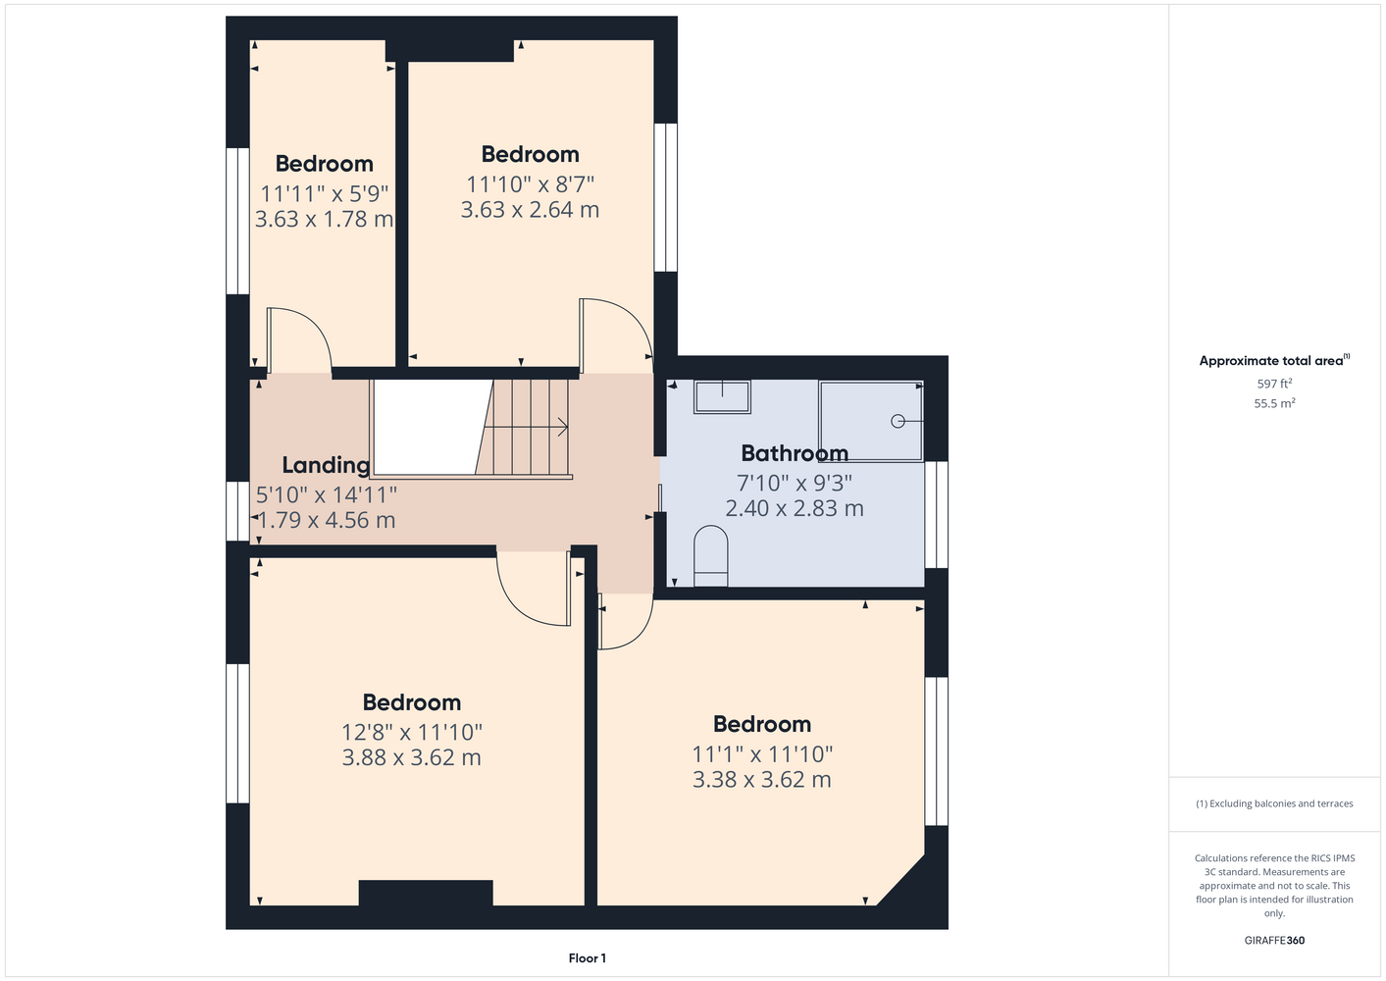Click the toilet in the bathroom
pyautogui.click(x=711, y=556)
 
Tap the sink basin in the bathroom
pyautogui.click(x=722, y=396)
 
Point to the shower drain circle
pyautogui.click(x=898, y=422)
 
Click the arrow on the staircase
pyautogui.click(x=526, y=427)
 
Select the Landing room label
pyautogui.click(x=326, y=465)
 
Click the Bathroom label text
pyautogui.click(x=795, y=453)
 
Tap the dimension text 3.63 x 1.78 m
pyautogui.click(x=325, y=219)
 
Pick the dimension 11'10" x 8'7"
pyautogui.click(x=531, y=184)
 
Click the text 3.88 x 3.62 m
pyautogui.click(x=411, y=757)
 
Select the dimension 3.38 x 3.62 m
pyautogui.click(x=762, y=779)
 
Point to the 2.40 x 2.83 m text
pyautogui.click(x=795, y=508)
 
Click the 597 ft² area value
pyautogui.click(x=1274, y=384)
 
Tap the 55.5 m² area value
pyautogui.click(x=1274, y=403)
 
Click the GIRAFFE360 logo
pyautogui.click(x=1274, y=940)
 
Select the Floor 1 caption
pyautogui.click(x=588, y=958)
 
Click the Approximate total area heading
pyautogui.click(x=1274, y=361)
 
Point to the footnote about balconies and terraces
pyautogui.click(x=1274, y=803)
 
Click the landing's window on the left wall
pyautogui.click(x=237, y=512)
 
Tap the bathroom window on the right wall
pyautogui.click(x=936, y=515)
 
